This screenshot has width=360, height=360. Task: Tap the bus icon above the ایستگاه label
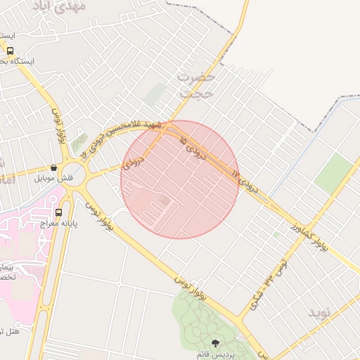[x=10, y=50]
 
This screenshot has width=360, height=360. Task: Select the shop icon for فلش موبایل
[x=53, y=167]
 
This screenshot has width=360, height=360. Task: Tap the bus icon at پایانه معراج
[x=58, y=212]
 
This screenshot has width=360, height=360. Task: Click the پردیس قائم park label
[x=215, y=354]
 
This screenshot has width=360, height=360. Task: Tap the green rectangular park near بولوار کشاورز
[x=333, y=174]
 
